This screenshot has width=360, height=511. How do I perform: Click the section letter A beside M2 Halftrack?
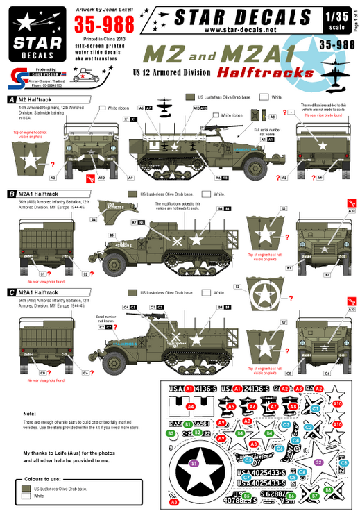[x=10, y=100]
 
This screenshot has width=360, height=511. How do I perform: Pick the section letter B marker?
[x=10, y=194]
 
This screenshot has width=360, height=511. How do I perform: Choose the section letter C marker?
[x=10, y=292]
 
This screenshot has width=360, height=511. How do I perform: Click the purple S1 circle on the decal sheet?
[x=194, y=463]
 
